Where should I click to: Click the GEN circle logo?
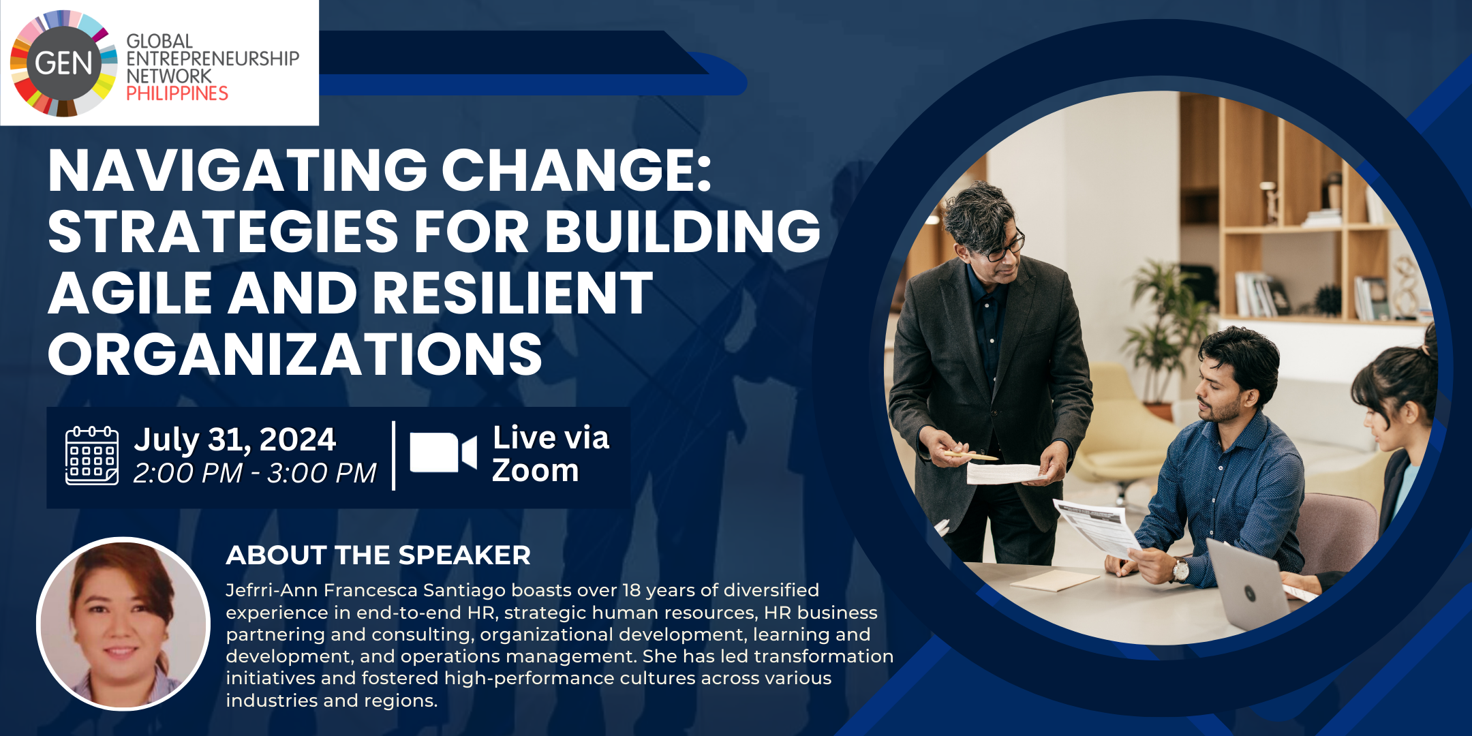(63, 63)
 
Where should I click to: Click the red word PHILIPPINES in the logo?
(177, 93)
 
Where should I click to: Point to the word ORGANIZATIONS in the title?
(295, 354)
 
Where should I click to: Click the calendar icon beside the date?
(92, 456)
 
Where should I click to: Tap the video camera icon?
(443, 453)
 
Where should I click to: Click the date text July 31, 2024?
(235, 440)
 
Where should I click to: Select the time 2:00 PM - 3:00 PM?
(255, 473)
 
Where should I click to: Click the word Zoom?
(536, 470)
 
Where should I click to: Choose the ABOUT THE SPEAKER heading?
(378, 555)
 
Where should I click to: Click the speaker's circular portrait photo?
(123, 624)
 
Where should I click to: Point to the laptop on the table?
(1251, 586)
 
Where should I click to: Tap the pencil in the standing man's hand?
(970, 455)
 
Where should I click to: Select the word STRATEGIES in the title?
(223, 232)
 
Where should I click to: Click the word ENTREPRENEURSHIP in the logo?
(213, 59)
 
